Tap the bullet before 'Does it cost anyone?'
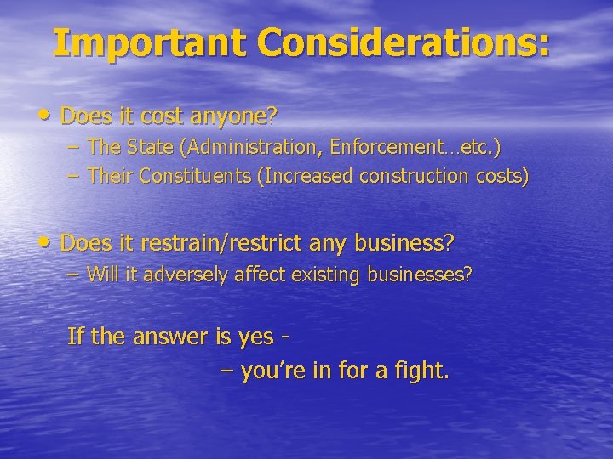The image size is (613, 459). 47,114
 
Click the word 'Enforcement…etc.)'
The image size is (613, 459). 415,147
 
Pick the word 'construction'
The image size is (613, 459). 414,177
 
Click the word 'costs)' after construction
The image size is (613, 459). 501,177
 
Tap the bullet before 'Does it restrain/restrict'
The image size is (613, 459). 47,243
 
